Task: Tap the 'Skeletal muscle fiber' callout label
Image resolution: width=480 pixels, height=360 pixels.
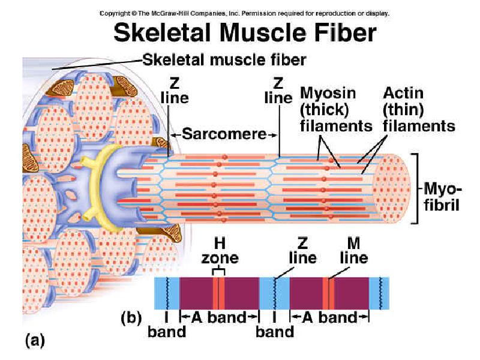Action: pos(224,59)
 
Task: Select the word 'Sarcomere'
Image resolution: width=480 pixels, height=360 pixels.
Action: pos(224,134)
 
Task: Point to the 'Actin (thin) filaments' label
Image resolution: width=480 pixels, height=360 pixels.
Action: pos(419,110)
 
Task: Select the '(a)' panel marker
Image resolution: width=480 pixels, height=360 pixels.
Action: pos(34,340)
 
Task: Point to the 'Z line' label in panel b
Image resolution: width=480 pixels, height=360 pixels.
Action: pos(302,251)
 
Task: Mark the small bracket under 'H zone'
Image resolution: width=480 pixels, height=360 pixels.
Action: pos(220,271)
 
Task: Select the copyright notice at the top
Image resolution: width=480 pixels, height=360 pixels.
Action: pos(244,12)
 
